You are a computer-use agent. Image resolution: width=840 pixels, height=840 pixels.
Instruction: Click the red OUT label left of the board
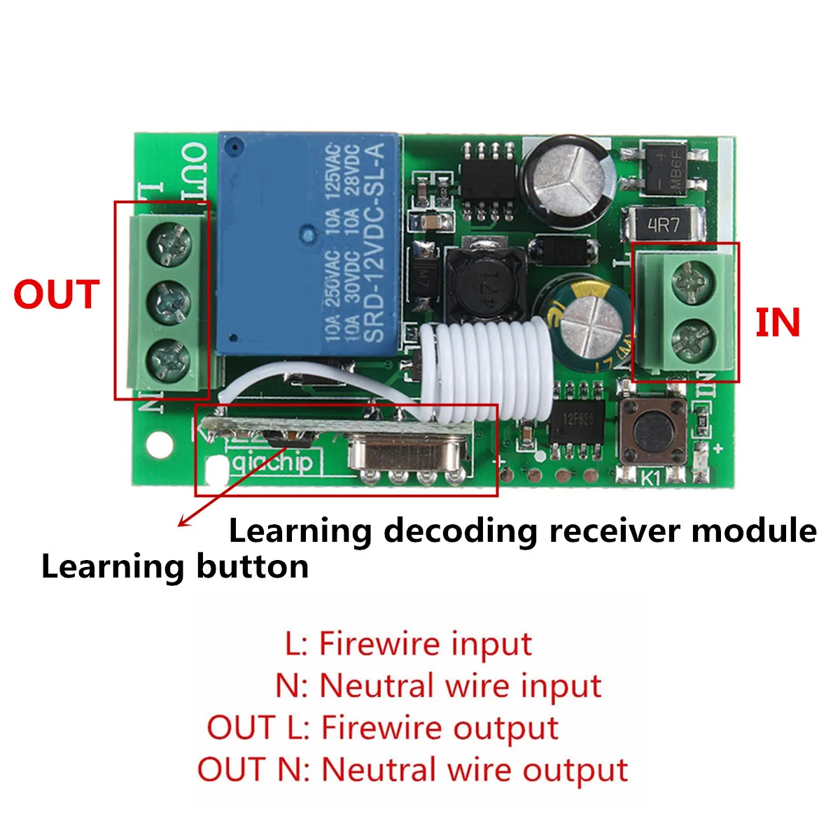pos(57,295)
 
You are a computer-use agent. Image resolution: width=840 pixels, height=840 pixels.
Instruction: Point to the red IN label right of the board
pos(777,323)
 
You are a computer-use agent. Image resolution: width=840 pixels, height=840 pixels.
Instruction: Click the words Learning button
pos(175,566)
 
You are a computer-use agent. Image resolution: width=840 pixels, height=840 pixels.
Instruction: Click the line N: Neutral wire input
pos(438,685)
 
